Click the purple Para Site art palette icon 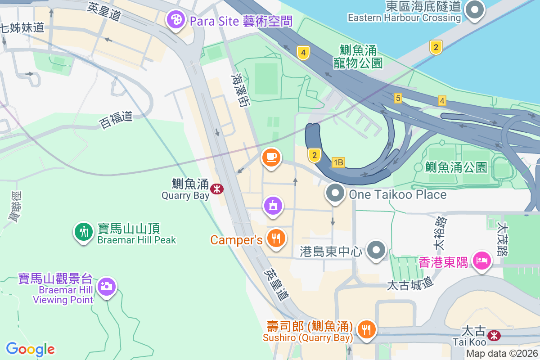pos(175,19)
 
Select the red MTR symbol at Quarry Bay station pos(217,189)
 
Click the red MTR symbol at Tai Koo pos(494,335)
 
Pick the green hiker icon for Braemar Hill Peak pos(83,232)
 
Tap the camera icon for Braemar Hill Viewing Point pos(107,286)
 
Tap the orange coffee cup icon pos(271,157)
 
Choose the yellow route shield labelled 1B pos(338,162)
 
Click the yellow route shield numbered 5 pos(398,98)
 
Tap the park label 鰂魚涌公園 pos(456,167)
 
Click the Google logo pos(30,349)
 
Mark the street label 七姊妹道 pos(22,27)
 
